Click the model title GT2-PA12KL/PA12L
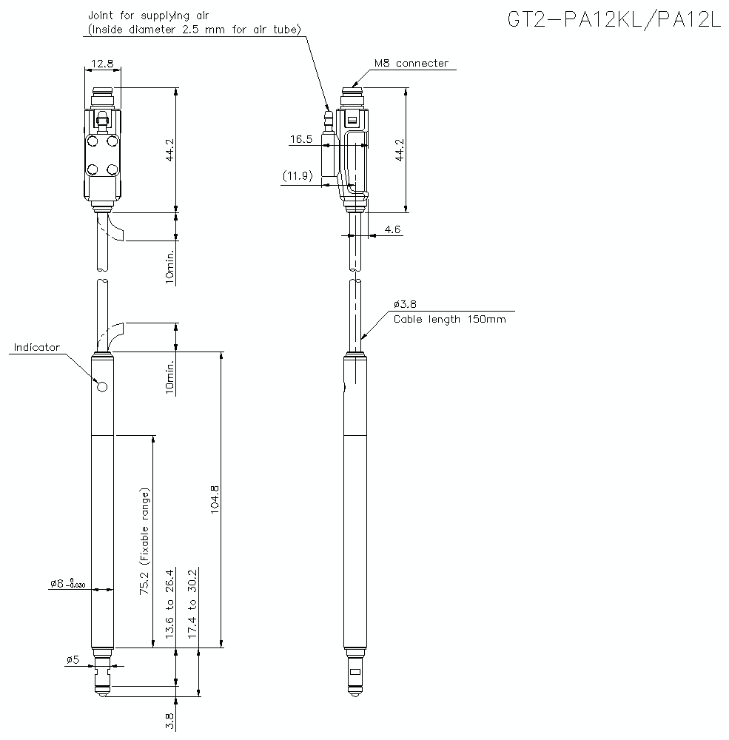tap(614, 20)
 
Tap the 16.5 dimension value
tap(301, 138)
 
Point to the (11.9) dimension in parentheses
tap(298, 176)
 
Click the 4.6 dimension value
tap(392, 229)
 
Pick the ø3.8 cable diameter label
tap(406, 304)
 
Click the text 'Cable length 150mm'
tap(449, 320)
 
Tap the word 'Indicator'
tap(36, 347)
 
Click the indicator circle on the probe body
tap(102, 386)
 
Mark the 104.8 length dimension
tap(215, 499)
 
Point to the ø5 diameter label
tap(73, 659)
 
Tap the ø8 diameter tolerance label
tap(68, 584)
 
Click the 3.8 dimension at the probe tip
tap(169, 721)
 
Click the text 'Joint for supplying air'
tap(150, 15)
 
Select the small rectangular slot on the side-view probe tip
tap(355, 673)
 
